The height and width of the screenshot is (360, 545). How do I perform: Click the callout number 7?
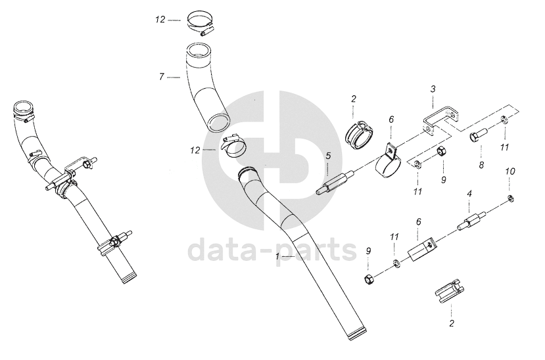pyautogui.click(x=162, y=77)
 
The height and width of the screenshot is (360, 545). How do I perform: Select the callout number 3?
pyautogui.click(x=433, y=89)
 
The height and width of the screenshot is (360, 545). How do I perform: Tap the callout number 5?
pyautogui.click(x=328, y=156)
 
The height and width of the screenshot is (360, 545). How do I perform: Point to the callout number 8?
pyautogui.click(x=481, y=164)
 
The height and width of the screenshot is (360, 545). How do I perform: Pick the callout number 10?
pyautogui.click(x=510, y=171)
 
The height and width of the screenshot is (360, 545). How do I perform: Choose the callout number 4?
pyautogui.click(x=469, y=194)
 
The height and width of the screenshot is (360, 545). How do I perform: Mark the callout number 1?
pyautogui.click(x=277, y=256)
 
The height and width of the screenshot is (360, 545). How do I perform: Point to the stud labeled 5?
pyautogui.click(x=335, y=182)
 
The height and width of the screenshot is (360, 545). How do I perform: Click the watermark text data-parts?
pyautogui.click(x=272, y=251)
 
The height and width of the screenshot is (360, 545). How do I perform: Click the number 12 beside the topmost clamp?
pyautogui.click(x=160, y=20)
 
